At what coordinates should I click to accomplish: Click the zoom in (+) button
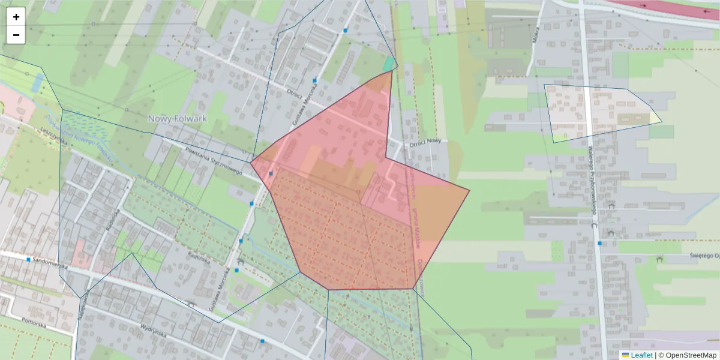click(16, 17)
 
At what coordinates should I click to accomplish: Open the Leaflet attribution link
click(641, 355)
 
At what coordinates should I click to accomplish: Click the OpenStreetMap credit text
click(691, 355)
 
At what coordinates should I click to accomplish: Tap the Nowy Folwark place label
click(177, 118)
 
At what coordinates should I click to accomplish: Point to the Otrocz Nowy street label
click(425, 145)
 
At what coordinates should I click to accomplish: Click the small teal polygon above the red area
click(389, 64)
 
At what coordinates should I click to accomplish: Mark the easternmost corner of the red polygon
click(469, 191)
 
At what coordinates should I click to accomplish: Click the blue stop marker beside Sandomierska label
click(28, 259)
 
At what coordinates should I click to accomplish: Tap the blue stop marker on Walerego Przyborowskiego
click(599, 243)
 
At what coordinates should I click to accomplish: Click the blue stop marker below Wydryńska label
click(262, 341)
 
